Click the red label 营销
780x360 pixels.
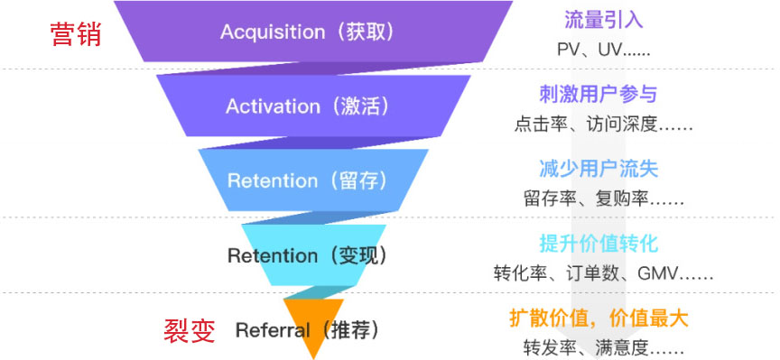pyautogui.click(x=75, y=35)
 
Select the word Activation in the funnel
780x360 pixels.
pyautogui.click(x=273, y=106)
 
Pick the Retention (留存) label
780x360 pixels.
pyautogui.click(x=308, y=180)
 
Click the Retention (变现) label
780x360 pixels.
pyautogui.click(x=308, y=255)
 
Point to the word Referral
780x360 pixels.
pyautogui.click(x=273, y=329)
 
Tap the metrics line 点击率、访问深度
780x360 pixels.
pyautogui.click(x=603, y=125)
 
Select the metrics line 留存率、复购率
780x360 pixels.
pyautogui.click(x=603, y=199)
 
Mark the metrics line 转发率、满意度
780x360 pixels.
pyautogui.click(x=603, y=347)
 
